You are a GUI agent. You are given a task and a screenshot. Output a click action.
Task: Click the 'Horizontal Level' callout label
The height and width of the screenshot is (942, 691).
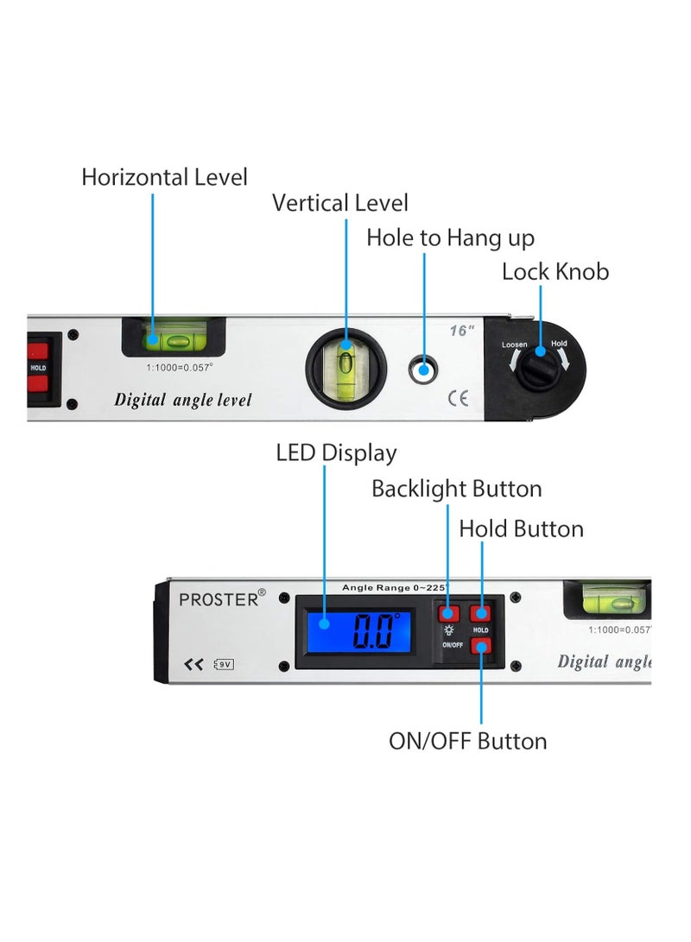(164, 177)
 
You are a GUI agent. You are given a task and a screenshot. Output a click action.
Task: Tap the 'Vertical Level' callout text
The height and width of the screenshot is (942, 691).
(340, 203)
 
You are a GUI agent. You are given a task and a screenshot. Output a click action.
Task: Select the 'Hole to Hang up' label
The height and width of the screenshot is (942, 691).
(450, 237)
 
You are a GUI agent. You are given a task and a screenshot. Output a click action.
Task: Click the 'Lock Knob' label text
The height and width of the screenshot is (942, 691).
(555, 271)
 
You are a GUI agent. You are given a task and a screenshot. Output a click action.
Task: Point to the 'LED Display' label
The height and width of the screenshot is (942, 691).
(336, 452)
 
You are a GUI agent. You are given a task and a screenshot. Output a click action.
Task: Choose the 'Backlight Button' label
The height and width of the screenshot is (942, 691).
(456, 489)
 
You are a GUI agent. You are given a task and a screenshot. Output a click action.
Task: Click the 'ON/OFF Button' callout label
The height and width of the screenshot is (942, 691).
(467, 741)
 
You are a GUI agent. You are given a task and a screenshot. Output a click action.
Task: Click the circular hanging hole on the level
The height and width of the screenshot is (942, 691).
(423, 370)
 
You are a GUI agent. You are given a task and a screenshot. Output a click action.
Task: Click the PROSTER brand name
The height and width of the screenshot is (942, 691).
(219, 598)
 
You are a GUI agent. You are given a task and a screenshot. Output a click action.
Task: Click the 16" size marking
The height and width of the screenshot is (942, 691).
(461, 331)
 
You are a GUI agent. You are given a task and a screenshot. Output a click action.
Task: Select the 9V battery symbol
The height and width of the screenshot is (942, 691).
(225, 664)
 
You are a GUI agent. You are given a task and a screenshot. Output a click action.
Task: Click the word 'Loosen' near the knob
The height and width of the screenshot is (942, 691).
(514, 345)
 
